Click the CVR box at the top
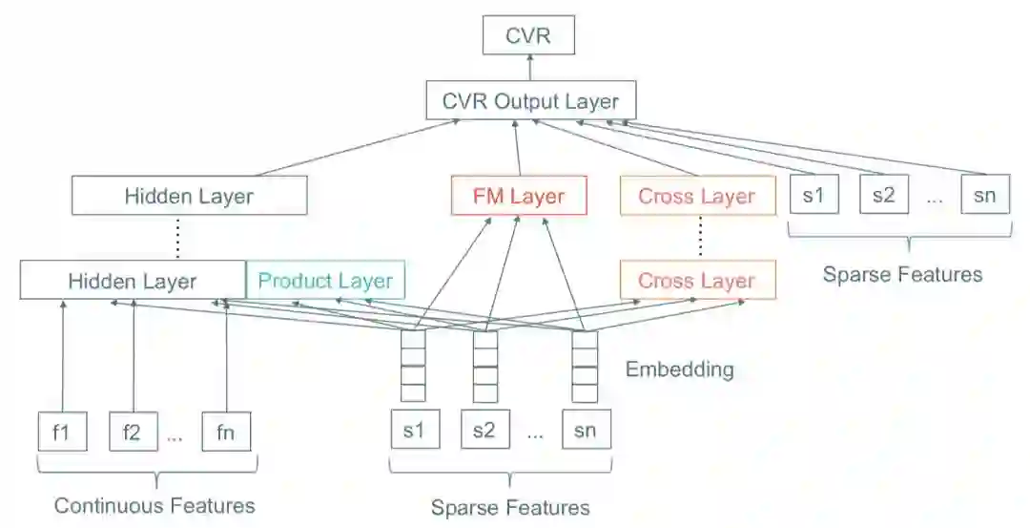(x=528, y=38)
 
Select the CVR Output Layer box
(x=530, y=101)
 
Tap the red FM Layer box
(x=518, y=197)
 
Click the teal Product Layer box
(x=325, y=281)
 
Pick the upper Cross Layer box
(x=697, y=197)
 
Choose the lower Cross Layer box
(x=697, y=281)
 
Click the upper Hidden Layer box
(x=189, y=197)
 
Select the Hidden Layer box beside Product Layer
(x=133, y=281)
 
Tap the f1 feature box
(x=62, y=432)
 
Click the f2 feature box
(x=133, y=432)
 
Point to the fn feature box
(x=226, y=432)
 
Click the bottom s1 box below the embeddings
(x=414, y=431)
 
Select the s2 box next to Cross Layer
(x=884, y=196)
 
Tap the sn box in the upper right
(x=985, y=196)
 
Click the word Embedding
(x=679, y=369)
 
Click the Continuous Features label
(x=154, y=505)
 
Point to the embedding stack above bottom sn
(x=584, y=366)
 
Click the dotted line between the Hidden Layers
(x=177, y=239)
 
